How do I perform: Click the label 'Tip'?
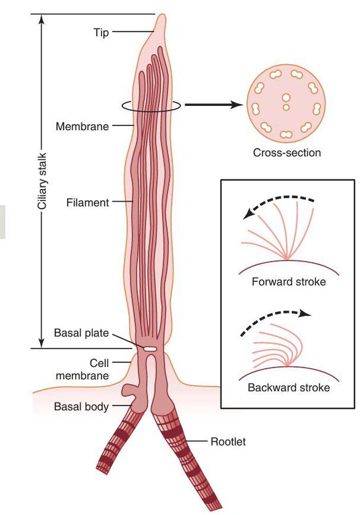point(102,33)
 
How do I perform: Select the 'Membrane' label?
point(82,126)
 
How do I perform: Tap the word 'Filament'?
point(88,202)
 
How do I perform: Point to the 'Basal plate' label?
point(81,333)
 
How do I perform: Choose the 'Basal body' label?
point(81,407)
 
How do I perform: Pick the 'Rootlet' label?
point(228,441)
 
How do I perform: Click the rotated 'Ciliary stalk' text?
point(43,180)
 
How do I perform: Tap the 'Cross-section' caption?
point(286,154)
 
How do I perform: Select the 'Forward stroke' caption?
point(289,281)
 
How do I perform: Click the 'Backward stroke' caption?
point(289,387)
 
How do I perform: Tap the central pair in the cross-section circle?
point(285,102)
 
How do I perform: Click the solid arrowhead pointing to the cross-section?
point(237,105)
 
